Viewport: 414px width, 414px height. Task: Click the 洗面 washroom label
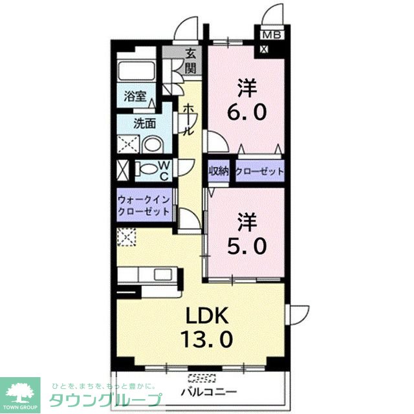coord(144,123)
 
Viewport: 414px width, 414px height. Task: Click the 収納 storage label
coord(219,171)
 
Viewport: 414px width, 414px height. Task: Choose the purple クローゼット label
coord(259,171)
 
